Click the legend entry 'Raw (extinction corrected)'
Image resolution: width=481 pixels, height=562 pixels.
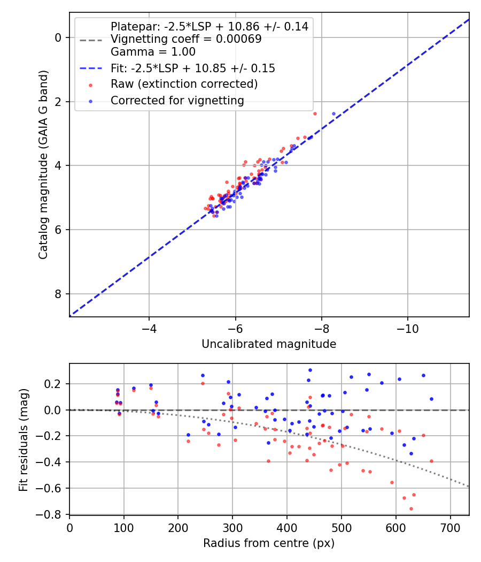pos(184,84)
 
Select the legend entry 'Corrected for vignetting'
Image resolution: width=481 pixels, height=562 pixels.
pos(177,100)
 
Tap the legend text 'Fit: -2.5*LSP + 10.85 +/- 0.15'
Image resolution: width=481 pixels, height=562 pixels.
pos(192,68)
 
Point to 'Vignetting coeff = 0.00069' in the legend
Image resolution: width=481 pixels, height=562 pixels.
pos(186,39)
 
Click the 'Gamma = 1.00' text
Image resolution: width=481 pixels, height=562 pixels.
pos(153,52)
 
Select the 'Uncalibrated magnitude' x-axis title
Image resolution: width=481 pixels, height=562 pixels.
pos(269,344)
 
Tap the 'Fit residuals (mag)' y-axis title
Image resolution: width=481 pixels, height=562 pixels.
pos(23,439)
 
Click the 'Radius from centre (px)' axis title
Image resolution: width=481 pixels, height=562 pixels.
pos(269,543)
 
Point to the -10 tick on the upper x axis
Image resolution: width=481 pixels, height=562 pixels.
pos(408,326)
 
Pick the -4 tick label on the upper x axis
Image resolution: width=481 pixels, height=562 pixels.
pos(149,326)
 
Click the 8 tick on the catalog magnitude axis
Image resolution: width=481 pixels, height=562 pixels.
pos(58,294)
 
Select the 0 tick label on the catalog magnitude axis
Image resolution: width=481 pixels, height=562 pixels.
pos(58,37)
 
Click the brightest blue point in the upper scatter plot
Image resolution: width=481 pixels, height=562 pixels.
pos(333,113)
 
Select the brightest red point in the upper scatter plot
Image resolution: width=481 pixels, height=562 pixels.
pos(315,113)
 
